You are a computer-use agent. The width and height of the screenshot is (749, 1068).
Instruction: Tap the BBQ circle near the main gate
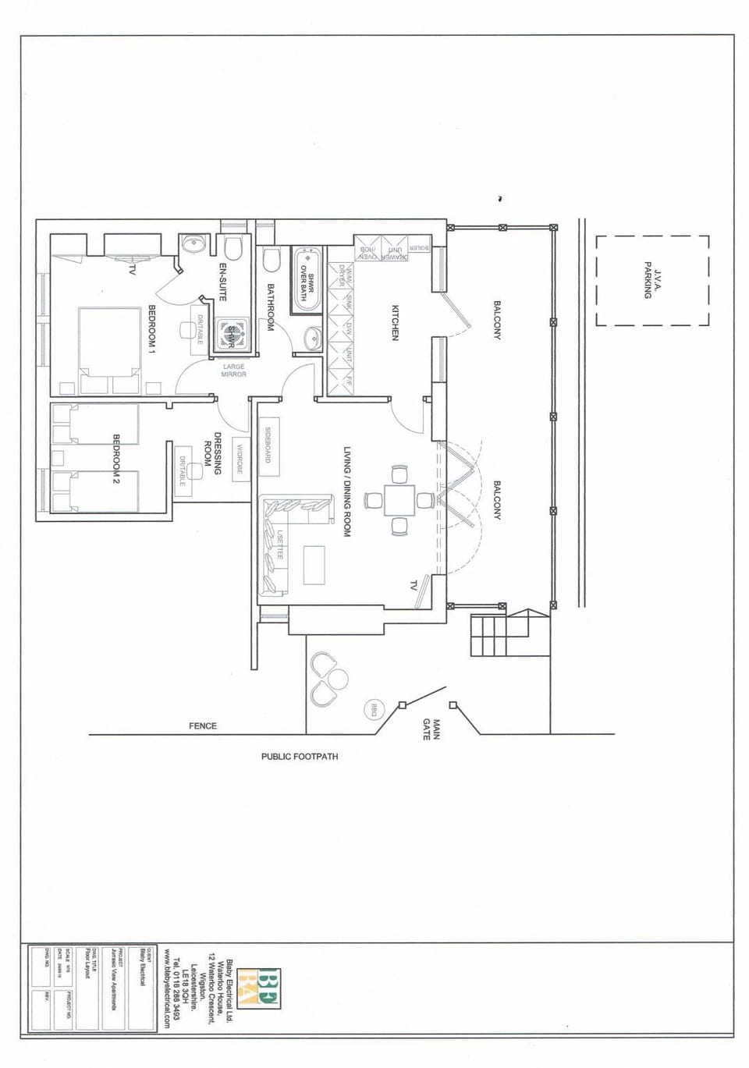pos(374,711)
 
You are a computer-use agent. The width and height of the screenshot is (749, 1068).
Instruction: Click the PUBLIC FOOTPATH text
pos(300,757)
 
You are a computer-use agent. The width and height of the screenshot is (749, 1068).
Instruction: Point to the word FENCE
pos(203,726)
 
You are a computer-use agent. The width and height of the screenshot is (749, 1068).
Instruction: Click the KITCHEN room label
pos(396,322)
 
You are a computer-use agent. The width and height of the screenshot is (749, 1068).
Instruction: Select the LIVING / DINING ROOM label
pos(347,491)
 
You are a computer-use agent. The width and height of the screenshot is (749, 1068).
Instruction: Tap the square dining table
pos(399,500)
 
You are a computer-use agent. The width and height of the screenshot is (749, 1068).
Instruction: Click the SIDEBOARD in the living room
pos(268,444)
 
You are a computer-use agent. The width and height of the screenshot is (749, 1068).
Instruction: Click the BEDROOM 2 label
pos(116,459)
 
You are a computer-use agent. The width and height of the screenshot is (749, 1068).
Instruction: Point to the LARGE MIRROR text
pos(234,371)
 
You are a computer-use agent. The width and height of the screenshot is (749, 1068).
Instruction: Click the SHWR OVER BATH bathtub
pos(307,280)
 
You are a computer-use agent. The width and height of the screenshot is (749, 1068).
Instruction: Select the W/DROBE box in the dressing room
pos(240,459)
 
